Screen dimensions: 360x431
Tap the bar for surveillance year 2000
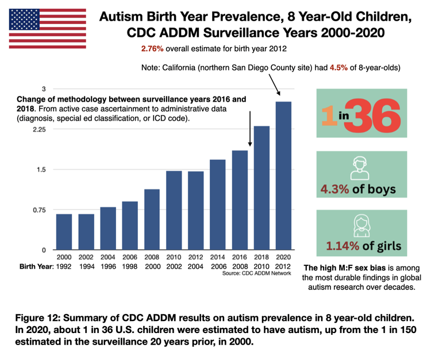pyautogui.click(x=64, y=232)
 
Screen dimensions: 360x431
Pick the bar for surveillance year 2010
pyautogui.click(x=174, y=211)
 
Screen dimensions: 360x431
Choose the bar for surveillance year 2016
pyautogui.click(x=240, y=200)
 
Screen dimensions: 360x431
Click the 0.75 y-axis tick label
pyautogui.click(x=37, y=210)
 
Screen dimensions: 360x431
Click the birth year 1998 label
pyautogui.click(x=130, y=268)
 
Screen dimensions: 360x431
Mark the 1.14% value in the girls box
pyautogui.click(x=344, y=247)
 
